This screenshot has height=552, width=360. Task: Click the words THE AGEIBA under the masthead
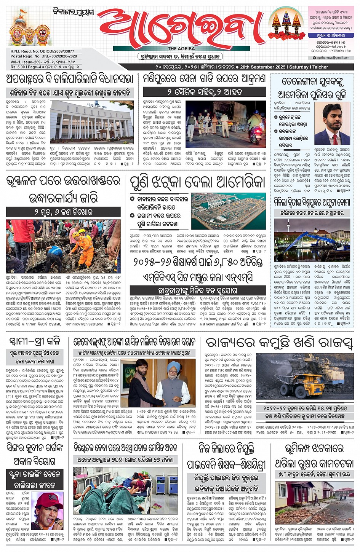click(181, 48)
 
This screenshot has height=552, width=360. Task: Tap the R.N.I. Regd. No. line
click(42, 51)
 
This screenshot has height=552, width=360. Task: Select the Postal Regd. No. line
click(43, 56)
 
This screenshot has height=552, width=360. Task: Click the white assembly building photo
click(91, 120)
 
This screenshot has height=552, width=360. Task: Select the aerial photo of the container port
click(229, 211)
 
